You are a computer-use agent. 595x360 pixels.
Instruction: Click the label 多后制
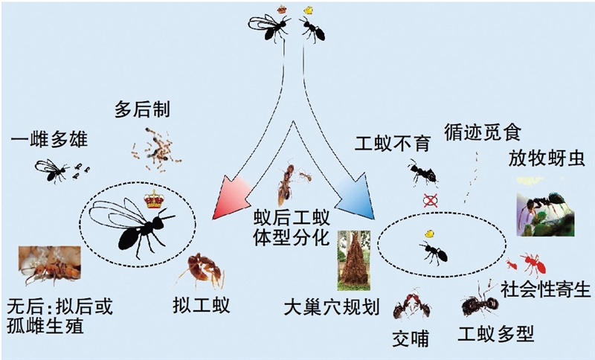coord(143,111)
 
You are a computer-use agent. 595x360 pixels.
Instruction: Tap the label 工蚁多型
coord(505,334)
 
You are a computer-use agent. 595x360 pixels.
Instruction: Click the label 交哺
coord(411,338)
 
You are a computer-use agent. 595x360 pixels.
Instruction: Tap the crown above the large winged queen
coord(153,199)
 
